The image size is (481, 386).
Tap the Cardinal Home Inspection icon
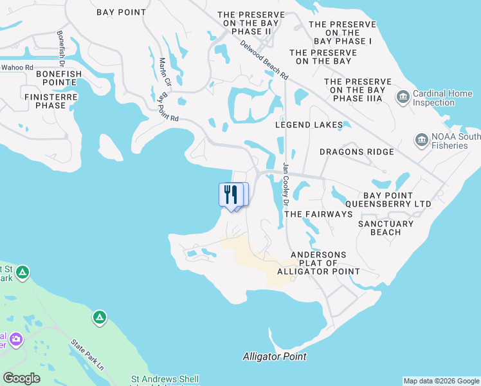pos(403,97)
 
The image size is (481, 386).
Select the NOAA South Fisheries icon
pos(422,140)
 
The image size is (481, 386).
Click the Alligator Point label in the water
pos(275,356)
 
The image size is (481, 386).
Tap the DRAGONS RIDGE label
pos(357,152)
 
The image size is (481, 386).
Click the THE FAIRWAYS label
pos(318,214)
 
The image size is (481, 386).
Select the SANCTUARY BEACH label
pos(386,228)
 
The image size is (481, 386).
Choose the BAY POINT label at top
pos(121,12)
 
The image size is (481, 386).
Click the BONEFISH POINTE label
pos(59,74)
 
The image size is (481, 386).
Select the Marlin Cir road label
pos(165,73)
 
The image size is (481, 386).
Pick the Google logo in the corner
pos(21,378)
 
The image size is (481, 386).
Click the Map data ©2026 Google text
pos(440,381)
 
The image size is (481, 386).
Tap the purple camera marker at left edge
pos(14,338)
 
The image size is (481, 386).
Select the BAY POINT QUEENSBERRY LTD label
pos(397,199)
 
